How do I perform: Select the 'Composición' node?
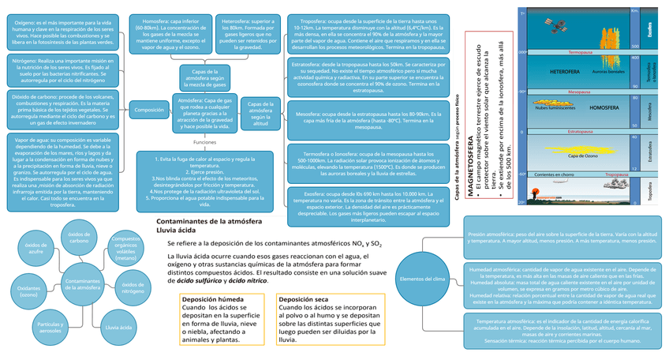[150, 111]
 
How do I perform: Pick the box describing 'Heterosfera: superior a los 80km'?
[246, 33]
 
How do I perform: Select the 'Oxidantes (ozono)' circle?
[28, 291]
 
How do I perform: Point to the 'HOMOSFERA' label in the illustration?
[604, 107]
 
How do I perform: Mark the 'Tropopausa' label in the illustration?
[616, 174]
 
